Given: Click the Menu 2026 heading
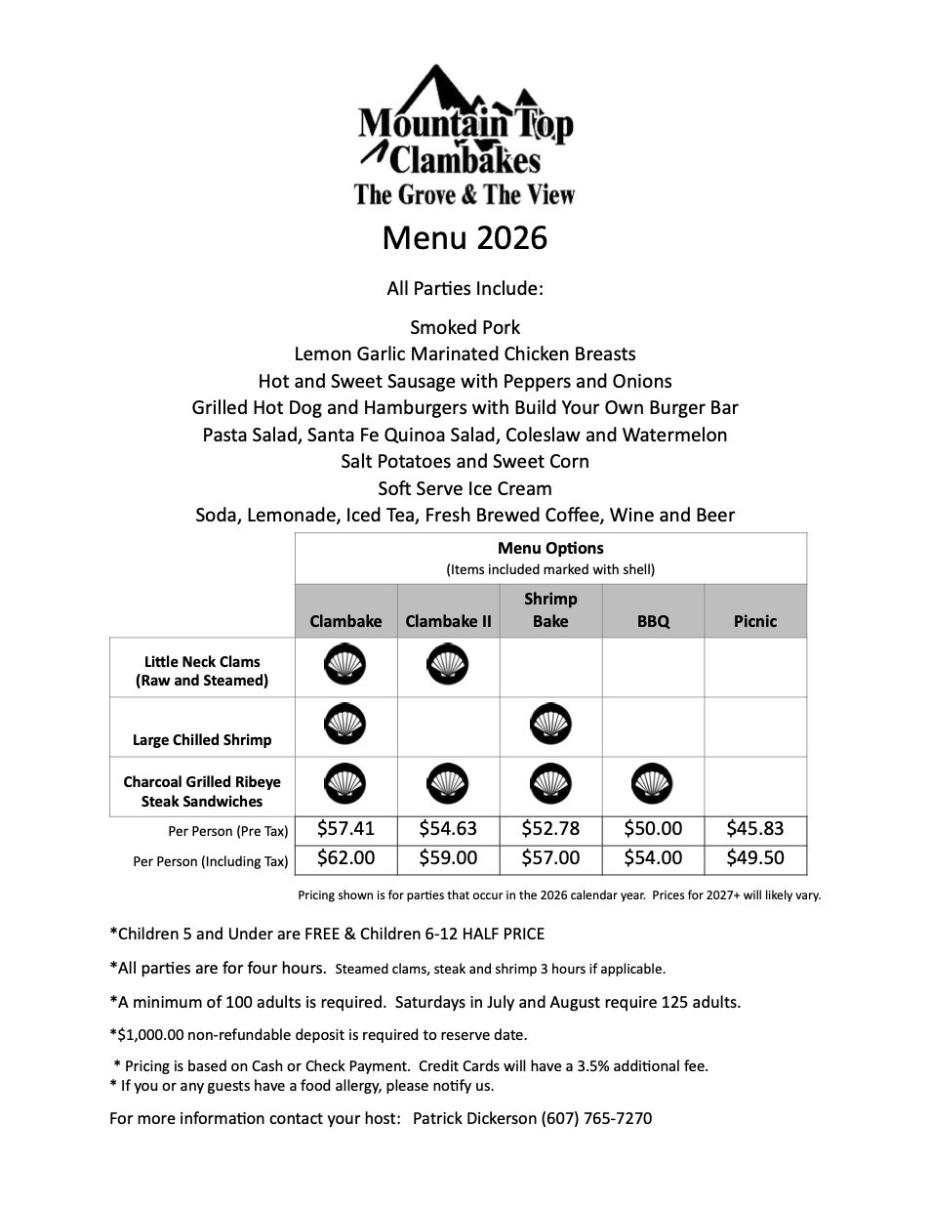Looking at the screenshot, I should click(x=465, y=237).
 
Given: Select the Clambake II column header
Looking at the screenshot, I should click(x=448, y=621).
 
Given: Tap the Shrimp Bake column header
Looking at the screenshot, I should click(x=550, y=610).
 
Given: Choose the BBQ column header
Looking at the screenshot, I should click(x=653, y=621).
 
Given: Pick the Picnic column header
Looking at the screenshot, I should click(x=755, y=621).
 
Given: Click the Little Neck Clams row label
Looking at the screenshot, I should click(x=202, y=671).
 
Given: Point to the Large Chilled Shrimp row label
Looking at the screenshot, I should click(x=202, y=739).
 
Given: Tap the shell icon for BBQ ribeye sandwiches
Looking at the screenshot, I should click(x=653, y=783).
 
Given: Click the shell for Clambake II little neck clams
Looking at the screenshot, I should click(x=448, y=665).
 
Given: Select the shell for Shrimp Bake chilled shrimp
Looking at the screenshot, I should click(x=550, y=725).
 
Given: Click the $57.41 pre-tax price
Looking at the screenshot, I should click(x=345, y=829).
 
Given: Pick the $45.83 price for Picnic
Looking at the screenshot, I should click(x=755, y=829).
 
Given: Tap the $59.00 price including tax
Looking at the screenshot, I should click(x=448, y=858).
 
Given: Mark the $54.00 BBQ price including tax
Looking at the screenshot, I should click(x=653, y=858).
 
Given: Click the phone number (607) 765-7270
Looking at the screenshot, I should click(x=596, y=1118).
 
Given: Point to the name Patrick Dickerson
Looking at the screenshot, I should click(x=474, y=1118).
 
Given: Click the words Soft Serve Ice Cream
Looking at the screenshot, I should click(x=465, y=488).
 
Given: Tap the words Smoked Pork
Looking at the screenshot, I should click(x=465, y=327).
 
